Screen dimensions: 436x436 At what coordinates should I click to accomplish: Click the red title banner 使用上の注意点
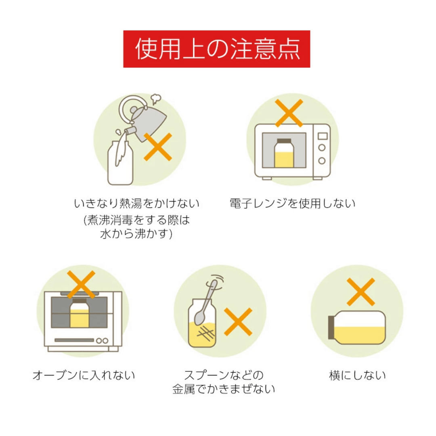tap(217, 49)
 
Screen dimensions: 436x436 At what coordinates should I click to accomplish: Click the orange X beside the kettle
tap(158, 147)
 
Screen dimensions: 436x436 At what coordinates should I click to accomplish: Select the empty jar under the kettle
tap(120, 163)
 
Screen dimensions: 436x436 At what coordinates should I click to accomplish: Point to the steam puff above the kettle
tap(156, 99)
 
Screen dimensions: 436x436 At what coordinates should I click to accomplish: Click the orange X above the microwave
tap(289, 113)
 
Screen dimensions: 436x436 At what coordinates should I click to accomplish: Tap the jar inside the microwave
tap(284, 153)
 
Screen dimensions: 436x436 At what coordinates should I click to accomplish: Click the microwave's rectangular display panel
tap(323, 136)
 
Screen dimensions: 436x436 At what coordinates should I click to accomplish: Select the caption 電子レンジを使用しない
tap(293, 203)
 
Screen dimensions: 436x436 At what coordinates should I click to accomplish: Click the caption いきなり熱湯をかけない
tap(136, 203)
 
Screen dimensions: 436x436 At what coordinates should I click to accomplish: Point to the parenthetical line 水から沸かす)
tap(136, 234)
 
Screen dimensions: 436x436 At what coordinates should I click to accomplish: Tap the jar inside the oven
tap(79, 313)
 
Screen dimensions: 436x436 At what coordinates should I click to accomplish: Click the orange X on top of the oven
tap(81, 285)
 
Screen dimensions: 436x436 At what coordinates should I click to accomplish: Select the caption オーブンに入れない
tap(84, 375)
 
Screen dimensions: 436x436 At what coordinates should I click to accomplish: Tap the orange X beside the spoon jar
tap(238, 322)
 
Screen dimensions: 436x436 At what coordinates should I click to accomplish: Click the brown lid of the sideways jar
tap(331, 327)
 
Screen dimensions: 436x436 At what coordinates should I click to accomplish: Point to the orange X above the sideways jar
tap(361, 292)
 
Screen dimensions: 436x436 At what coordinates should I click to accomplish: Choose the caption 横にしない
tap(357, 375)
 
